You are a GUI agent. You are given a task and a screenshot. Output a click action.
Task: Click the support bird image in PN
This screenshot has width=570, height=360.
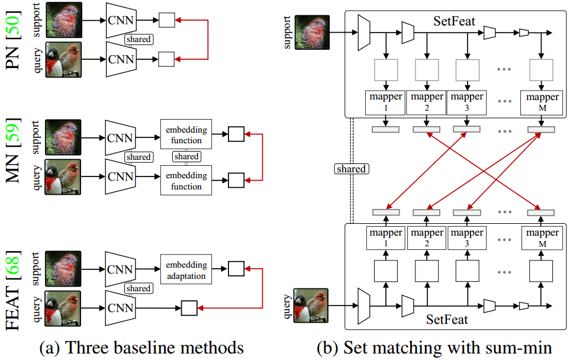tap(63, 21)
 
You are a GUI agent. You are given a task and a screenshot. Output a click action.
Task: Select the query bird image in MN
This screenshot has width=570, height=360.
tap(63, 176)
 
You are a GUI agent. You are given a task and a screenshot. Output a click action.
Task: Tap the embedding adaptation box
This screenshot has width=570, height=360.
tap(186, 270)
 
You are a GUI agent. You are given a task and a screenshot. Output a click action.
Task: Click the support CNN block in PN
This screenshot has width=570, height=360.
tap(121, 21)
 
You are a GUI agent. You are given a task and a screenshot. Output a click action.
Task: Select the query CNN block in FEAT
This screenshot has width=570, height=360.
tap(121, 308)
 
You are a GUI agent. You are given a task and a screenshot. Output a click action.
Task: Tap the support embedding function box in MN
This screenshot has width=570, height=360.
tap(186, 135)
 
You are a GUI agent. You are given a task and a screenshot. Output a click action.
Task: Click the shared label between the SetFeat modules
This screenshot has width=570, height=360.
tap(351, 169)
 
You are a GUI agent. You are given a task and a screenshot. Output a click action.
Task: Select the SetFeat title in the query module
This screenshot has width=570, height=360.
tap(447, 320)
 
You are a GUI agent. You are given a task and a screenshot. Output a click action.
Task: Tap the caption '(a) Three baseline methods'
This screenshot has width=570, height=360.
tap(141, 348)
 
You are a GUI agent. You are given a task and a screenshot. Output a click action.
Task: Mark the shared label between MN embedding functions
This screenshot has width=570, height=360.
tap(186, 157)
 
